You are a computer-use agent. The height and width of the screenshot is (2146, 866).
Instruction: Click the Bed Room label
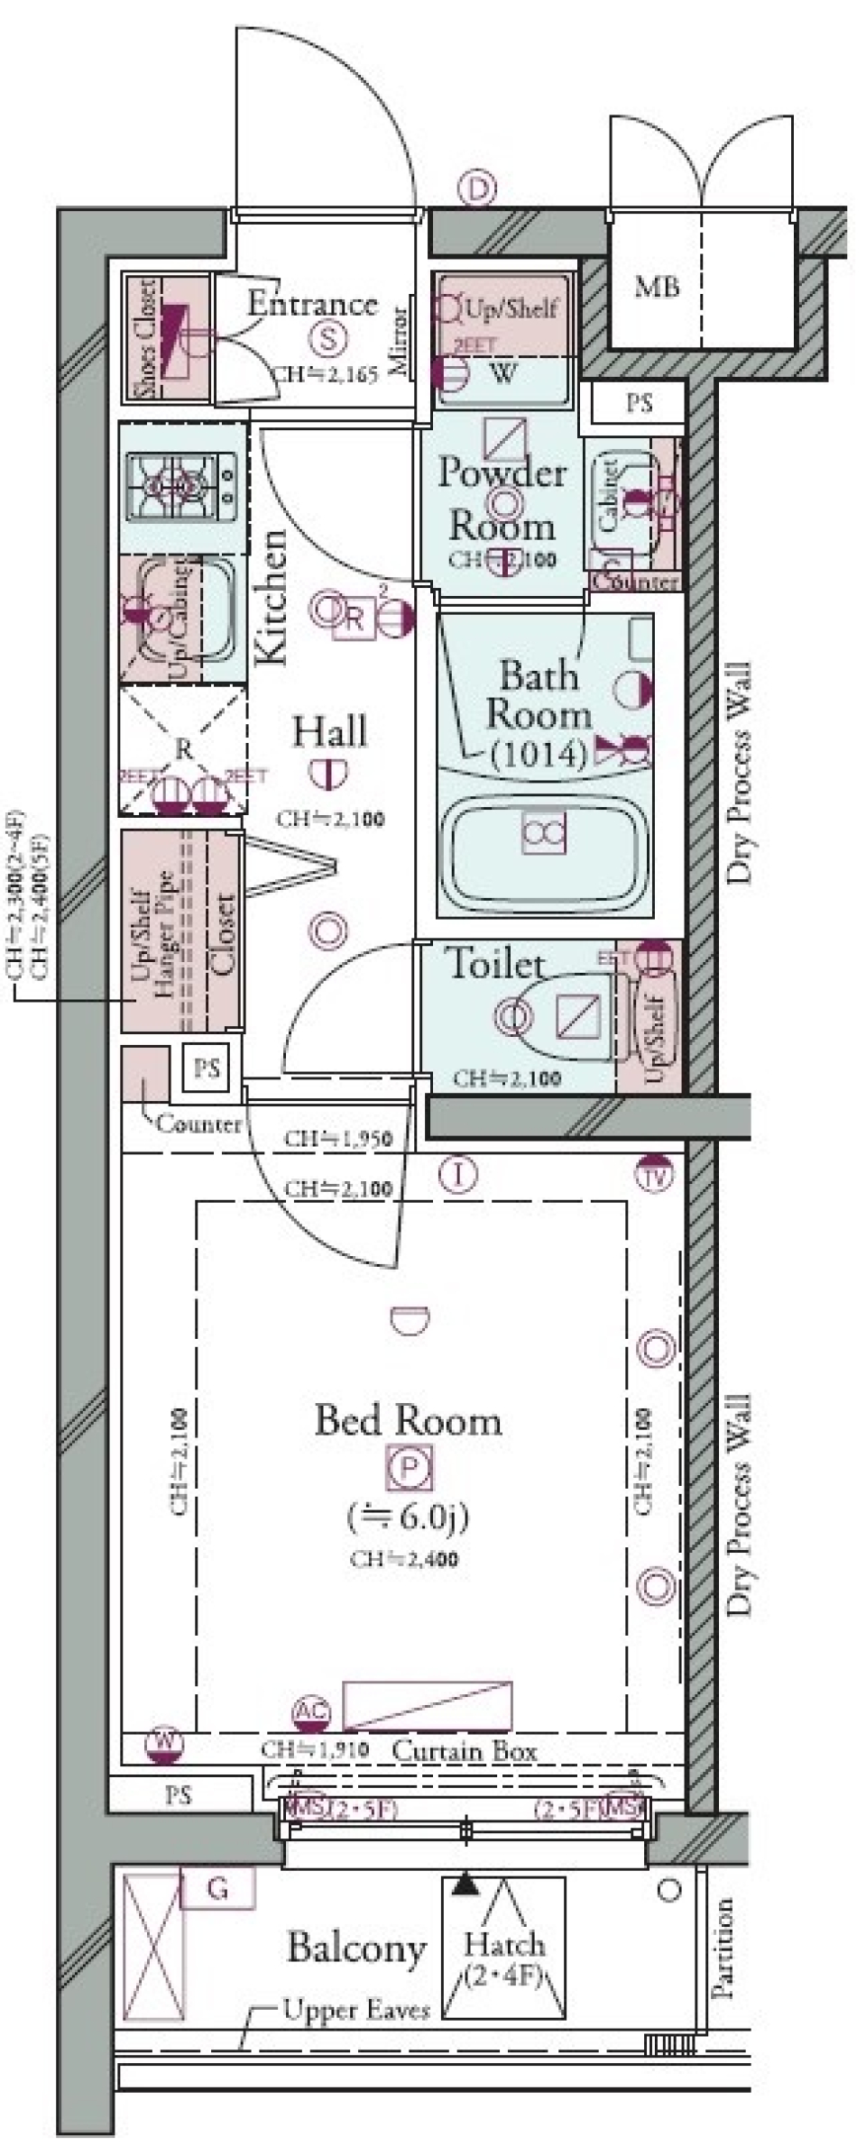coord(408,1421)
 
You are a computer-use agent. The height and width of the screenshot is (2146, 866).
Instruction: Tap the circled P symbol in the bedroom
coord(410,1467)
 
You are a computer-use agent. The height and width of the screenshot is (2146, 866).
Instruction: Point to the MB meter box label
coord(656,288)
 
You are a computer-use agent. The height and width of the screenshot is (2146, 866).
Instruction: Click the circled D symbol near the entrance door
coord(477,189)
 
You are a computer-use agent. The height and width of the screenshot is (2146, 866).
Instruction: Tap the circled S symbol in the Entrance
coord(328,338)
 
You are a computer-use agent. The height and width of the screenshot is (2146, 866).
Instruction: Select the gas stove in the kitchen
coord(183,488)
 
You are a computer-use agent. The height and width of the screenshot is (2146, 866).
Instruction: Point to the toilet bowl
coord(559,1017)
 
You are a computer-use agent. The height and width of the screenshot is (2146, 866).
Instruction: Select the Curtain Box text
coord(465,1751)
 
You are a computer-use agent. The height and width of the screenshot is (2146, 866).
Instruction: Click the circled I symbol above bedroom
coord(458,1174)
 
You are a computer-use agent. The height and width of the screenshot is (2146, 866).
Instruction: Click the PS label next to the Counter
coord(207,1068)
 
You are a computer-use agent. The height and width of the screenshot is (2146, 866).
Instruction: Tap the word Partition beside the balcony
coord(723,1949)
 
